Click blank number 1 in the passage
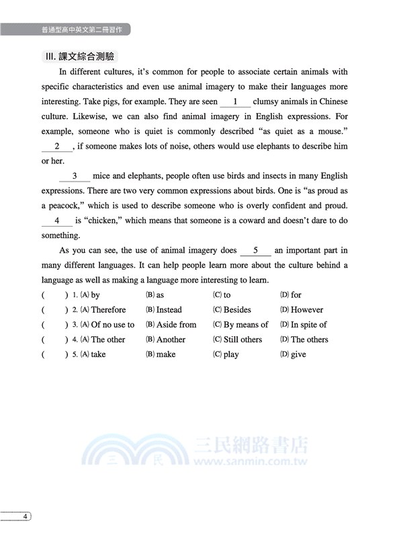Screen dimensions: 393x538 point(235,102)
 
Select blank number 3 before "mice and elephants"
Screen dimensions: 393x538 point(75,176)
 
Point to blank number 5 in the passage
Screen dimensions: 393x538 point(255,250)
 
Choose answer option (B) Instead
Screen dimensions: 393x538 point(164,310)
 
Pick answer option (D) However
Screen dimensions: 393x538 point(302,310)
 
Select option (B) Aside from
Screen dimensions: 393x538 point(171,325)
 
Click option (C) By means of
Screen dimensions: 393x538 point(241,325)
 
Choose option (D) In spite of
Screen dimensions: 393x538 point(304,325)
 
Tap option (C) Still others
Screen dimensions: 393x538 point(238,340)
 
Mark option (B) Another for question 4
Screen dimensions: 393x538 point(166,340)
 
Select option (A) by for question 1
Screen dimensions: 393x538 point(90,295)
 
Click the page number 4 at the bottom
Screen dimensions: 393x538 point(25,516)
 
